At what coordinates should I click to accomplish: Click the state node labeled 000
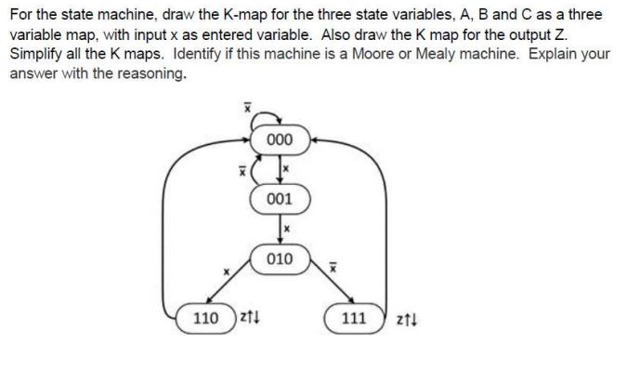click(279, 140)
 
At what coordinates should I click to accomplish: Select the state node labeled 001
click(279, 199)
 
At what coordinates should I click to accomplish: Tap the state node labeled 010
click(279, 258)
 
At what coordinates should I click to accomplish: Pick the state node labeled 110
click(206, 318)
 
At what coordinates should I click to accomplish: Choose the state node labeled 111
click(356, 318)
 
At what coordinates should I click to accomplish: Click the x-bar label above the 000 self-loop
click(246, 108)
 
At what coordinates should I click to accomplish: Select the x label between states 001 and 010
click(288, 227)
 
